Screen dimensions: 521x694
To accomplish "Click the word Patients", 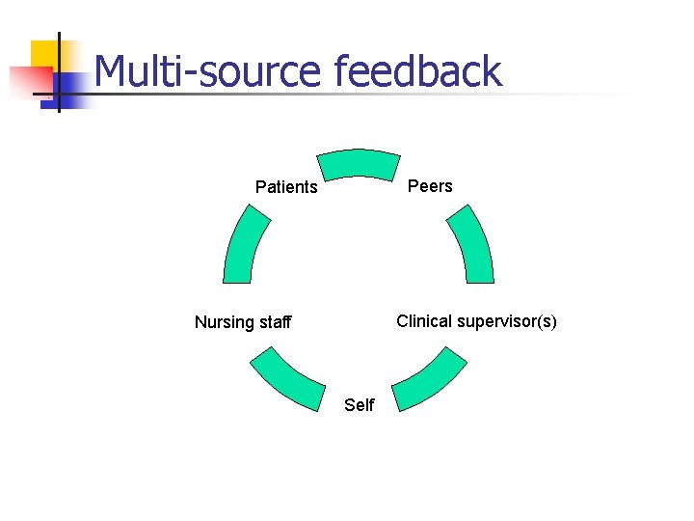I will click(x=286, y=187).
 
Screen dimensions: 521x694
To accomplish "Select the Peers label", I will click(x=430, y=186).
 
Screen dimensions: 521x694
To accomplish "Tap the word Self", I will click(x=359, y=405).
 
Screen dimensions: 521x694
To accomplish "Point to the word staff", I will click(x=274, y=322).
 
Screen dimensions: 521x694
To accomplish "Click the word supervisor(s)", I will click(x=507, y=321).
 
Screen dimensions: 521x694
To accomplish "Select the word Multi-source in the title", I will click(x=207, y=72).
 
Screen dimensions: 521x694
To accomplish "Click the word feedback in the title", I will click(x=417, y=72).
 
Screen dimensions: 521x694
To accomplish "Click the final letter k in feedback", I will click(x=493, y=72).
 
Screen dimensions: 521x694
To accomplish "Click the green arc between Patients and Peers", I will click(x=359, y=164).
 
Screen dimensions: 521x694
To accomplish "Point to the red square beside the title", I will click(x=27, y=83).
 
